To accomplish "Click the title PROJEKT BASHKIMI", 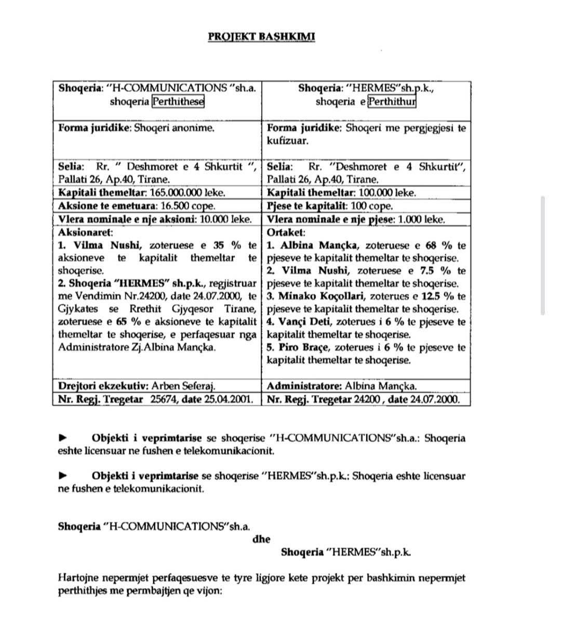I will point(261,36).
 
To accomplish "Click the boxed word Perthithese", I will point(178,101).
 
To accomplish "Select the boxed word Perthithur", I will point(392,101).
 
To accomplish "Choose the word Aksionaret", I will point(85,232).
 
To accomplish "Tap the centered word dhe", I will point(261,539).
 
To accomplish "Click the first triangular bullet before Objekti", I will point(62,437).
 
